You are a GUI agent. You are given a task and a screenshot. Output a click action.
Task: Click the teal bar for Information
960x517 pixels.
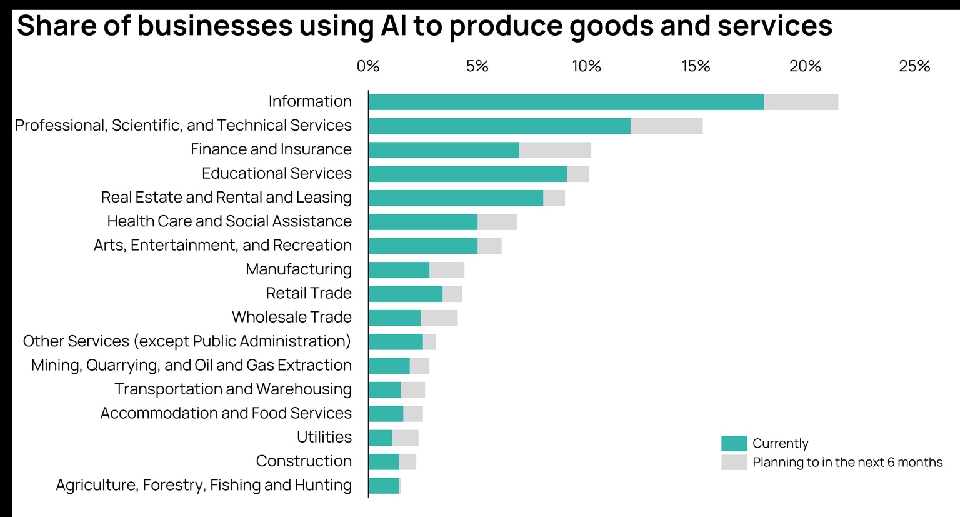pyautogui.click(x=566, y=102)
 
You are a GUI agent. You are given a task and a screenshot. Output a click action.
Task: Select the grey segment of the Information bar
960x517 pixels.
pyautogui.click(x=801, y=102)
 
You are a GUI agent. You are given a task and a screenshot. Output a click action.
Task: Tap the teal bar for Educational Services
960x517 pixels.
pyautogui.click(x=467, y=174)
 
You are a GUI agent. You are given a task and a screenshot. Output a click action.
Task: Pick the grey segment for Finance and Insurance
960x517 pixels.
pyautogui.click(x=555, y=150)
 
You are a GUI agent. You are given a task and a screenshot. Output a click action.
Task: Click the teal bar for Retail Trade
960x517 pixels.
pyautogui.click(x=405, y=294)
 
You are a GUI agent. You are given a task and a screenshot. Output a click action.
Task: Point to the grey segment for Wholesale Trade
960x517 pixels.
pyautogui.click(x=439, y=318)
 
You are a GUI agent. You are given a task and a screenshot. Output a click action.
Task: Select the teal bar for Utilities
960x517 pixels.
pyautogui.click(x=381, y=438)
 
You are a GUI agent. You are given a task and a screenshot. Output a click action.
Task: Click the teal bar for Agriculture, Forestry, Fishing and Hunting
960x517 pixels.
pyautogui.click(x=384, y=486)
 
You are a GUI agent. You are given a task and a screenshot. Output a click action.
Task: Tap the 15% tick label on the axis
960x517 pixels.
pyautogui.click(x=696, y=66)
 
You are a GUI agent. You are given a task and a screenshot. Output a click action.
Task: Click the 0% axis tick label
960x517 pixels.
pyautogui.click(x=368, y=66)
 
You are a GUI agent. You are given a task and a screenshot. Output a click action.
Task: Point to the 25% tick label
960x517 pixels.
pyautogui.click(x=914, y=66)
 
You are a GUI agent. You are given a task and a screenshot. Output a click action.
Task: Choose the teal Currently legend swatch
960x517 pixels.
pyautogui.click(x=734, y=444)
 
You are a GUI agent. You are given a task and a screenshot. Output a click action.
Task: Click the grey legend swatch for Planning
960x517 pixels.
pyautogui.click(x=734, y=463)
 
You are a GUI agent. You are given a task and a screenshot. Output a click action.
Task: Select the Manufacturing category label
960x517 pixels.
pyautogui.click(x=299, y=269)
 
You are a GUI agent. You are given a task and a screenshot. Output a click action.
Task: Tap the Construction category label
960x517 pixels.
pyautogui.click(x=304, y=461)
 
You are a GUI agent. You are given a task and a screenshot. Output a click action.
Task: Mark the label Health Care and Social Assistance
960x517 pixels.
pyautogui.click(x=229, y=221)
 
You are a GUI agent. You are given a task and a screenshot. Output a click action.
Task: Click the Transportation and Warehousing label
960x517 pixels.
pyautogui.click(x=233, y=389)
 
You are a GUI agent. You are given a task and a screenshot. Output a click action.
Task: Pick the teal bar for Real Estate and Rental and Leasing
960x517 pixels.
pyautogui.click(x=456, y=198)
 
